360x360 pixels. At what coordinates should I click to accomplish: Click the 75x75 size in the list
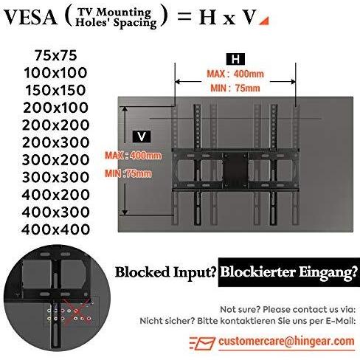pos(56,55)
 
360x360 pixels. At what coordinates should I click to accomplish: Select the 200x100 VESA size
pos(56,108)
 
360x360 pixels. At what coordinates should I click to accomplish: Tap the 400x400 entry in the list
pos(56,229)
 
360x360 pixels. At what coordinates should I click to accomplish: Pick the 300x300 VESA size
pos(56,177)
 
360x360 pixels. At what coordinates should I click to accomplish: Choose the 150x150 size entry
pos(56,90)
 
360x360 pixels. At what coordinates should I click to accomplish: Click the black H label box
pos(235,59)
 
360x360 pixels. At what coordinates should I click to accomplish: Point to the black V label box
pos(142,136)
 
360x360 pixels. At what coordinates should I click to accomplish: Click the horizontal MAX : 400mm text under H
pos(235,74)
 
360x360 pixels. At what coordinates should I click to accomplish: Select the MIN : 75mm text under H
pos(235,88)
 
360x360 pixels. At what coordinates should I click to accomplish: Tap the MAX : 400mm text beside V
pos(134,156)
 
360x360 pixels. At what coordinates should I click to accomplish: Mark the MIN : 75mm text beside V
pos(128,173)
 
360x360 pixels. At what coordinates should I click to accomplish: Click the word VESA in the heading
pos(30,18)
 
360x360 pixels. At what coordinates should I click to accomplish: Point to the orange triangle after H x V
pos(264,21)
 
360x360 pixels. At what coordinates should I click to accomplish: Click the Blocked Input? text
pos(166,272)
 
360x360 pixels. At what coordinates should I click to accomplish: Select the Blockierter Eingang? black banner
pos(289,272)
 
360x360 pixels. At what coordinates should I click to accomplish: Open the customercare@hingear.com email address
pos(286,342)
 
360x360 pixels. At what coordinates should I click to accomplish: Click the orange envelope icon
pos(202,343)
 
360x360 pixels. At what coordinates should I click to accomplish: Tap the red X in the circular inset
pos(76,312)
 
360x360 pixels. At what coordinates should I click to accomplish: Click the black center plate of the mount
pos(235,170)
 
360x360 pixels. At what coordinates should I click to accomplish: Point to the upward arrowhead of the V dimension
pos(125,109)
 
